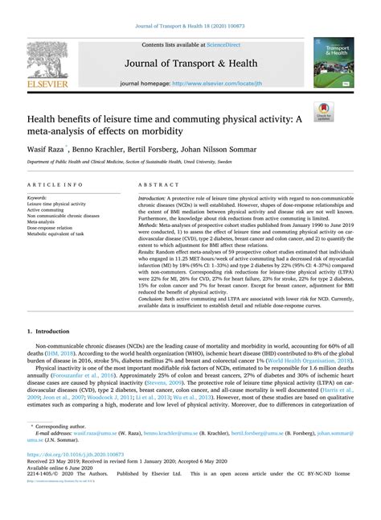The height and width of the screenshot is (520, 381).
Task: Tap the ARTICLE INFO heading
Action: tap(48, 185)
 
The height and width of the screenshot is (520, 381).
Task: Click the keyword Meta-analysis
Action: tap(45, 223)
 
